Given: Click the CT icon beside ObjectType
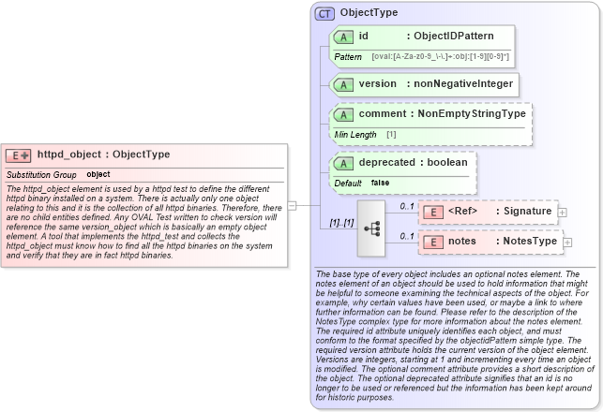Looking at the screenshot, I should click(324, 13).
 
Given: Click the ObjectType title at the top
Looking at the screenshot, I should click(369, 13).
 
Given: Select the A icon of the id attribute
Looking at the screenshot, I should click(344, 37).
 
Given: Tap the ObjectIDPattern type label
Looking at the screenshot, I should click(456, 37).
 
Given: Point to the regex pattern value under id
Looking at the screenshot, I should click(440, 57).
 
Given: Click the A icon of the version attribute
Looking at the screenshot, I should click(344, 84).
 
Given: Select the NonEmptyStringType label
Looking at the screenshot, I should click(472, 114).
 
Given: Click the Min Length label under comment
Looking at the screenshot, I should click(355, 135).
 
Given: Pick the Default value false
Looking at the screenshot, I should click(380, 183).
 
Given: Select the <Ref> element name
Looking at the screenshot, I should click(463, 212).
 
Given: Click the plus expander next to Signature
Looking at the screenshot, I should click(562, 213).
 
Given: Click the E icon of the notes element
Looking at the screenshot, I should click(434, 242).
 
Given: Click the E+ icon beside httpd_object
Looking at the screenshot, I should click(19, 155).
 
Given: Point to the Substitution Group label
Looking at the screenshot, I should click(41, 174).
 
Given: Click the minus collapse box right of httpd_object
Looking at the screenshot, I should click(292, 205).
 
